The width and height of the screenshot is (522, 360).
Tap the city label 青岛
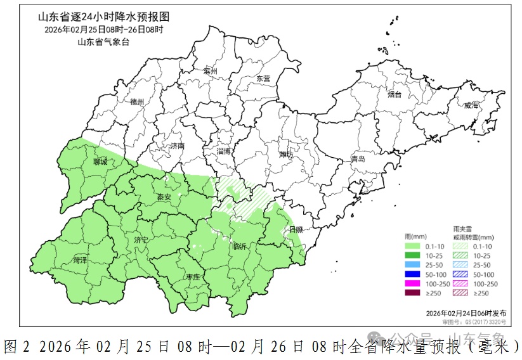tap(358, 159)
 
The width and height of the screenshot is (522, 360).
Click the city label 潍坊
tap(287, 154)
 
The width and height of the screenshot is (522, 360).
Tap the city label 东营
tap(263, 79)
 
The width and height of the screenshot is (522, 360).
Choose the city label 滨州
tap(211, 72)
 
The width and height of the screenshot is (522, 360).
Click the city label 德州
tap(137, 101)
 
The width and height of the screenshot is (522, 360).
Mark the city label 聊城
tap(100, 162)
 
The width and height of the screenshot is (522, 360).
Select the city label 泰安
tap(164, 197)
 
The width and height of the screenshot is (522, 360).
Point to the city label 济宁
tap(141, 240)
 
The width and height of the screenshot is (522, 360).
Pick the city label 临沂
tap(240, 246)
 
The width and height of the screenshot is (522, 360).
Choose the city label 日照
tap(296, 229)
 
